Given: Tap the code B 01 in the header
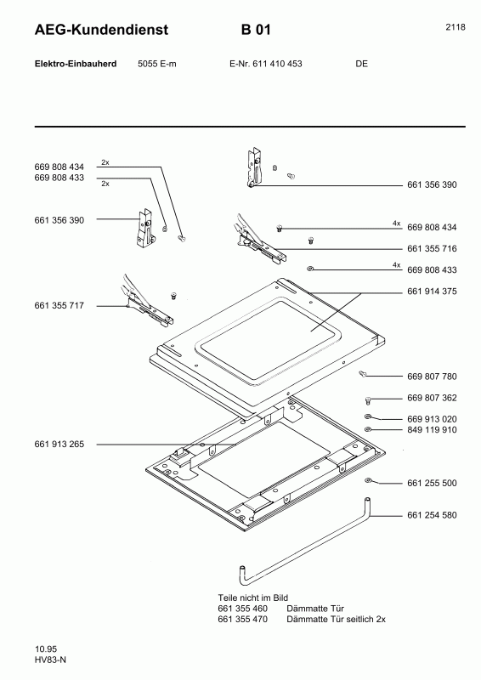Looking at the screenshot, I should [x=256, y=31].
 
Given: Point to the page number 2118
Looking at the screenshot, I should [x=455, y=27].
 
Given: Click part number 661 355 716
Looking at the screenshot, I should [x=433, y=248].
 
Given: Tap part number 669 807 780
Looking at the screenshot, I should [x=433, y=376].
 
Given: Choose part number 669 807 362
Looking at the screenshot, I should [x=433, y=398].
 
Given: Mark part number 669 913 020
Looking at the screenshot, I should [x=433, y=419].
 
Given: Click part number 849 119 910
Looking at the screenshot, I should [x=433, y=430].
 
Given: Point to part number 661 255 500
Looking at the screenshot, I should [x=433, y=483].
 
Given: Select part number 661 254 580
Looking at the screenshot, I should [x=433, y=515].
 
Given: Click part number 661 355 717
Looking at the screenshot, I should [x=59, y=305].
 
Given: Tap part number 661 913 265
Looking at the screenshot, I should [x=59, y=444].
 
